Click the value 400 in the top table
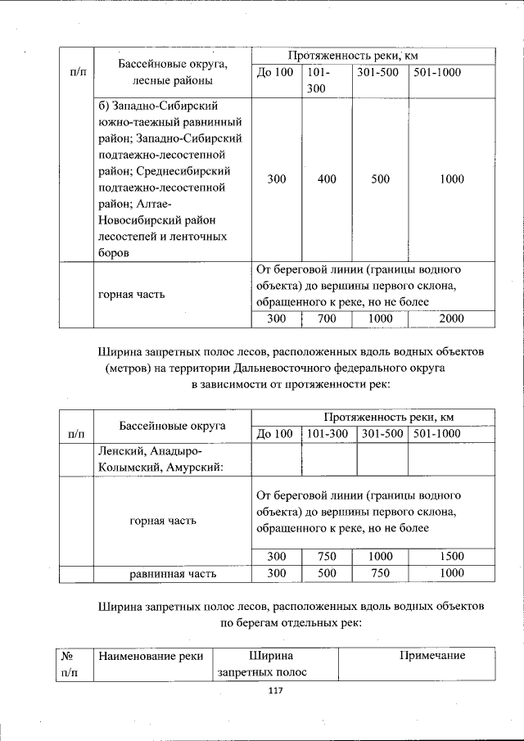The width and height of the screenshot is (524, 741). [327, 179]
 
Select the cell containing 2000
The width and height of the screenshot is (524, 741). [451, 319]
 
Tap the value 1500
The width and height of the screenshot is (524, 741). [451, 557]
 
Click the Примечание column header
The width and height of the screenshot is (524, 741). [432, 655]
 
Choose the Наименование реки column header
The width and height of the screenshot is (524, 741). [151, 655]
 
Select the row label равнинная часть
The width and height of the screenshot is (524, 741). [173, 574]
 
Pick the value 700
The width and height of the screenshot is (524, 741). [327, 319]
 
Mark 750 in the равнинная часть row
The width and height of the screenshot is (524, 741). [381, 574]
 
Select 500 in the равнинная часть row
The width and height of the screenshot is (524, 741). [327, 574]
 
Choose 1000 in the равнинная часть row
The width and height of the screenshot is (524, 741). [451, 574]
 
